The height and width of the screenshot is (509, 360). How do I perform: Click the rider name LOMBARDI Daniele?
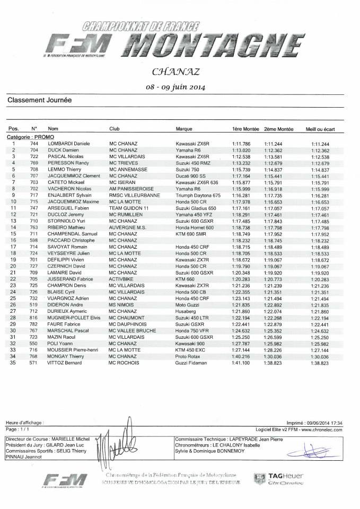(69, 144)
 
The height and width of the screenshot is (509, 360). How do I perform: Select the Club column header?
(115, 129)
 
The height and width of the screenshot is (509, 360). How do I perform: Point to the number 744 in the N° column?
(34, 144)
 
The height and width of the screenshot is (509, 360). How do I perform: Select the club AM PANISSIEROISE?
(131, 189)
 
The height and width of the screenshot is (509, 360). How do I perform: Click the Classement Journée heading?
(40, 100)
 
